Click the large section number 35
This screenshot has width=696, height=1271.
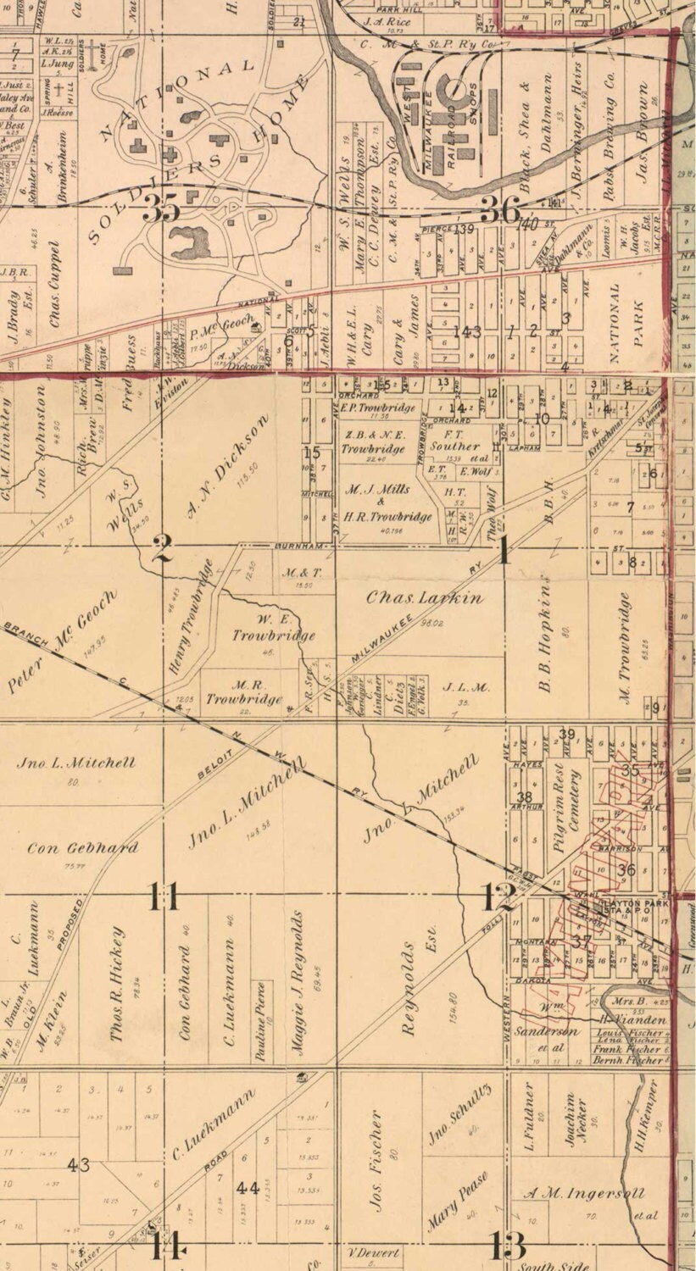161,208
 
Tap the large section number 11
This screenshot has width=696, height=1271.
164,896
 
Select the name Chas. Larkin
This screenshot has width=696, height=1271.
425,597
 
